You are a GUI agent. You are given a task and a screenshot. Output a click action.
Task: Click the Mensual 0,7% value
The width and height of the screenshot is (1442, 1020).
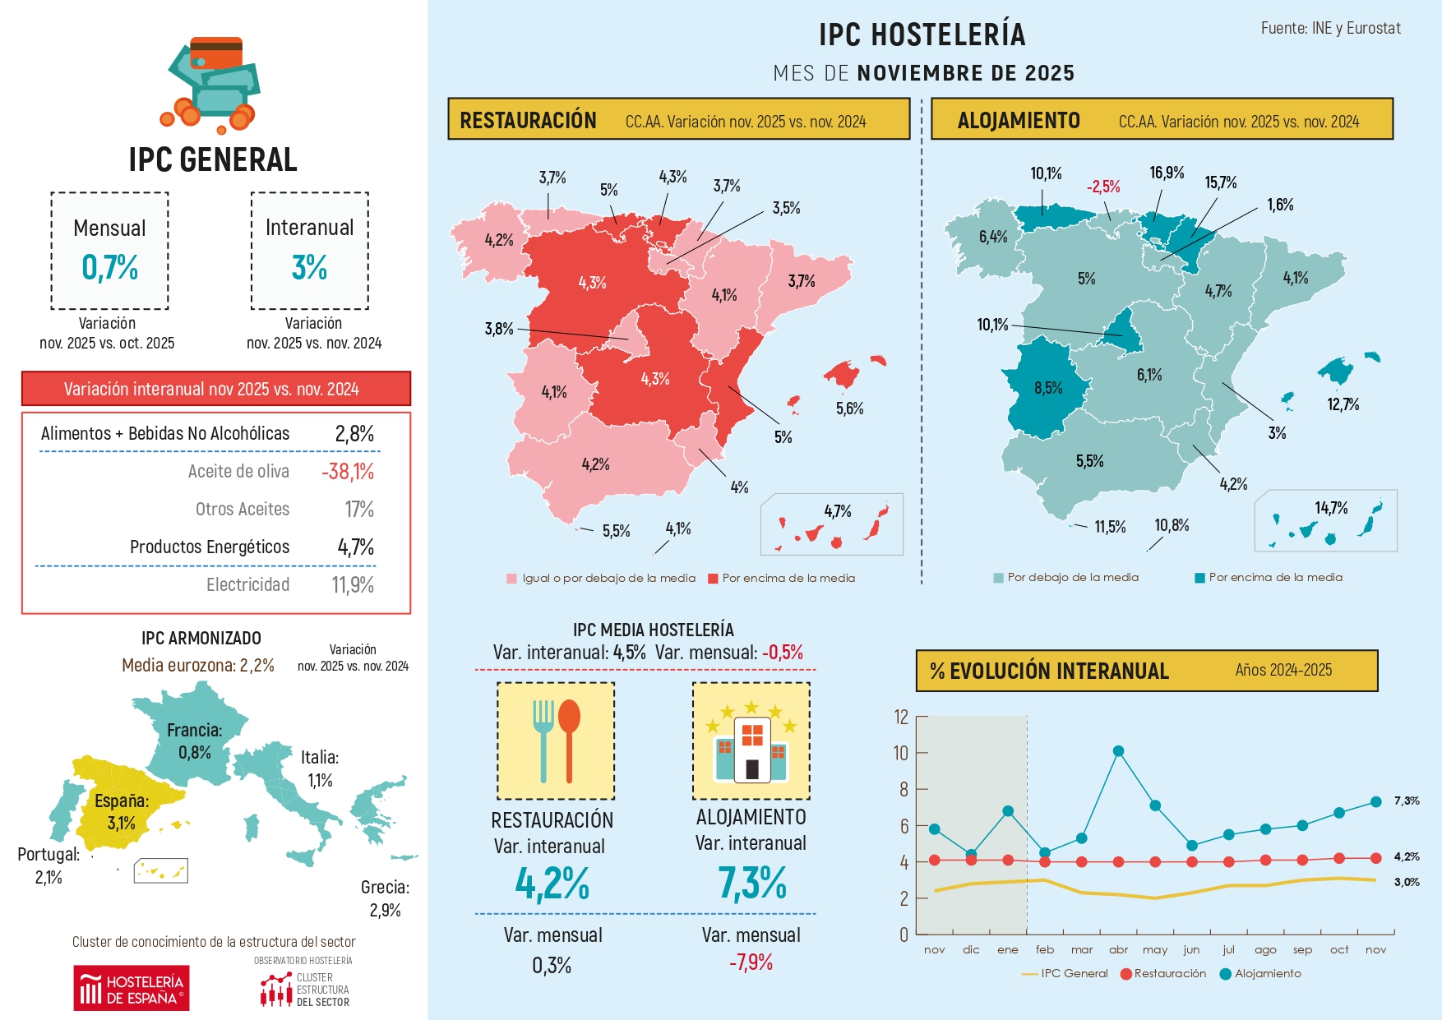click(110, 267)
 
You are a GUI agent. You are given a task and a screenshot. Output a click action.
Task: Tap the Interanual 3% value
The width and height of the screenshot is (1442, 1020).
click(309, 267)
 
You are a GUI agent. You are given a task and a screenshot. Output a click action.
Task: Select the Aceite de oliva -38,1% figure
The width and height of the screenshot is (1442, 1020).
click(348, 472)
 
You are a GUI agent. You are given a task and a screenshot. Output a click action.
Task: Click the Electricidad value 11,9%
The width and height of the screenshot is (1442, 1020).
click(353, 585)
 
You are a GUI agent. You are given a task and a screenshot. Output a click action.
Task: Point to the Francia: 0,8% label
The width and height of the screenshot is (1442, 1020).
click(194, 741)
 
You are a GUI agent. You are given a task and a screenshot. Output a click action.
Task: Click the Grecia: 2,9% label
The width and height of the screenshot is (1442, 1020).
click(385, 898)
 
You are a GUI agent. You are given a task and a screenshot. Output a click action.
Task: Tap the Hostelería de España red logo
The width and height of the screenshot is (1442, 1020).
click(132, 988)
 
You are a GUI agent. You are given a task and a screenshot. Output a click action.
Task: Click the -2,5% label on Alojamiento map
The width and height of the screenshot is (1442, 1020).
click(1103, 187)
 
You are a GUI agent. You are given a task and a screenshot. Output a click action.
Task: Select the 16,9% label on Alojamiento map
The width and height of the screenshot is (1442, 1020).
click(1167, 173)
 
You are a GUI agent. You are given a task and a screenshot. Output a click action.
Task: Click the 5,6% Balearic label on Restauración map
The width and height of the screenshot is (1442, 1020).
click(849, 408)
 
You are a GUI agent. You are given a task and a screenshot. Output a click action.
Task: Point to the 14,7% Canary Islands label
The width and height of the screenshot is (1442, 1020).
click(1331, 508)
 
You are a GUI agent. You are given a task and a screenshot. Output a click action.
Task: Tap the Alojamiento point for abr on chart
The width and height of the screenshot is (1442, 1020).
click(1118, 751)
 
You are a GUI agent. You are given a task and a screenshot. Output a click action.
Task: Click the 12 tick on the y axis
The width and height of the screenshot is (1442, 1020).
click(902, 717)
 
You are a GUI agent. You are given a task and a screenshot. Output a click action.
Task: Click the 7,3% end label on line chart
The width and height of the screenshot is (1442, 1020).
click(1407, 801)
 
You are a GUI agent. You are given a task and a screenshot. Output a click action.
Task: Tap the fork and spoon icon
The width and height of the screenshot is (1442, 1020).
click(556, 741)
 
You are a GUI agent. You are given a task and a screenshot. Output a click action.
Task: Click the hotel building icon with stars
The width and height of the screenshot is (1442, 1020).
click(751, 741)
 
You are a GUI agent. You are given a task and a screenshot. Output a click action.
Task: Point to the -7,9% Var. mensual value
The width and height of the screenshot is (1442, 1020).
click(751, 962)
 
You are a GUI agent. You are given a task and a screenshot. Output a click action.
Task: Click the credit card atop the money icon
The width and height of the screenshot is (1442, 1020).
click(216, 53)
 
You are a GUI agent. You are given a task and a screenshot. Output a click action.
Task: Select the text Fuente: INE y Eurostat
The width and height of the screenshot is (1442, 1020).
click(1330, 28)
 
